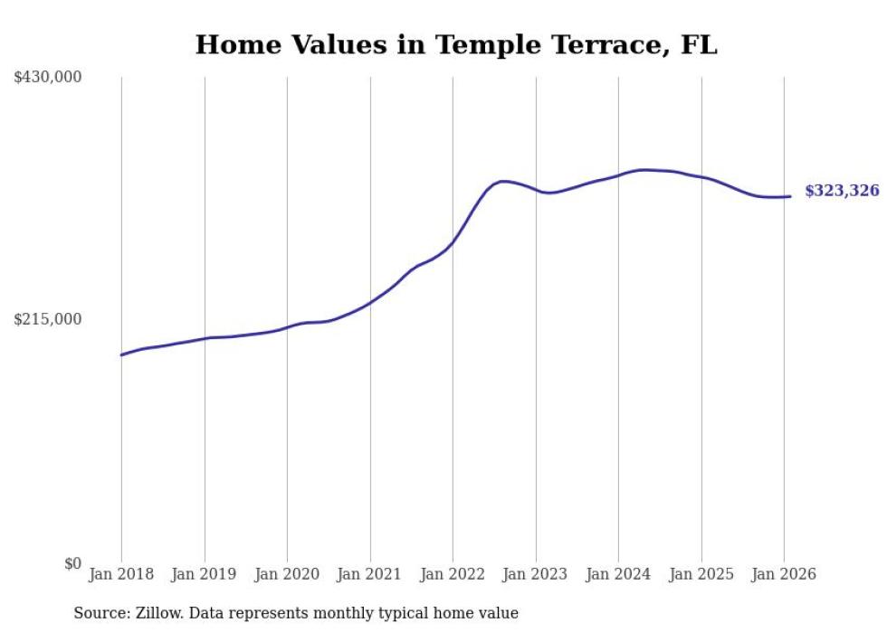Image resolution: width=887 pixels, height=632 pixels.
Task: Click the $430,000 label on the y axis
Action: pos(47,78)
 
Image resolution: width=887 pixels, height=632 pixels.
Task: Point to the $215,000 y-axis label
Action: pos(47,319)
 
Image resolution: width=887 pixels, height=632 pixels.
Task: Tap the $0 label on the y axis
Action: pos(72,563)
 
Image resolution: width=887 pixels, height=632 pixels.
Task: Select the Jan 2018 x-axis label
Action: pos(121,575)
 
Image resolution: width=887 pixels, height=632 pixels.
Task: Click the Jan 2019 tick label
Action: pos(205,575)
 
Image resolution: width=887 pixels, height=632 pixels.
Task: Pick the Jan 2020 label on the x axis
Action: pos(287,575)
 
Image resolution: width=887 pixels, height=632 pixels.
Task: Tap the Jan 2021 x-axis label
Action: pos(370,575)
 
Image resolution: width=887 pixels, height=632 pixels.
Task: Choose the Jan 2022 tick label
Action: pos(453,575)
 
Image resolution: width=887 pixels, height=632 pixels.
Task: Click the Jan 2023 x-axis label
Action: pos(536,575)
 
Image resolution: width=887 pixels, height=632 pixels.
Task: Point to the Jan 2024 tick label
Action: pos(618,575)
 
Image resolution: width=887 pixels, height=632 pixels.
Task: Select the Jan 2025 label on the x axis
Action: pos(701,575)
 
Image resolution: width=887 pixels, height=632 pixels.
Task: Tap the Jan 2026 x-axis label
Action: pos(784,575)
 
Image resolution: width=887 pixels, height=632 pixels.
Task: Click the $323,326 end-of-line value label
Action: pos(842,191)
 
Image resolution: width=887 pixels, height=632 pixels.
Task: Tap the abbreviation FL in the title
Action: pos(699,45)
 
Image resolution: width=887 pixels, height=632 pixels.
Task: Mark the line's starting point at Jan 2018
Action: pos(121,354)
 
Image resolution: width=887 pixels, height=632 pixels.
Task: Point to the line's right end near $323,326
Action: pos(791,196)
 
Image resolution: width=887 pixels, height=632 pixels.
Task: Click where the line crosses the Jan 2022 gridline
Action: pos(453,242)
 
